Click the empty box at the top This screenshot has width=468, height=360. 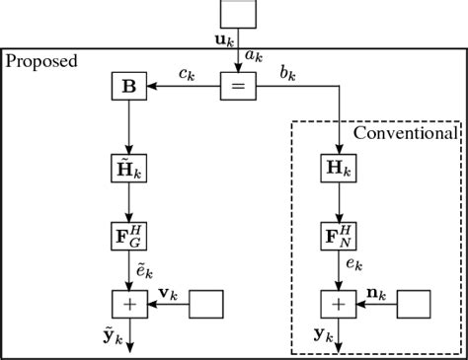(239, 14)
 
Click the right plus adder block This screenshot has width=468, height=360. (340, 304)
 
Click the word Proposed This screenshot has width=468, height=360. (41, 61)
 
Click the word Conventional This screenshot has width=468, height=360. (406, 132)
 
